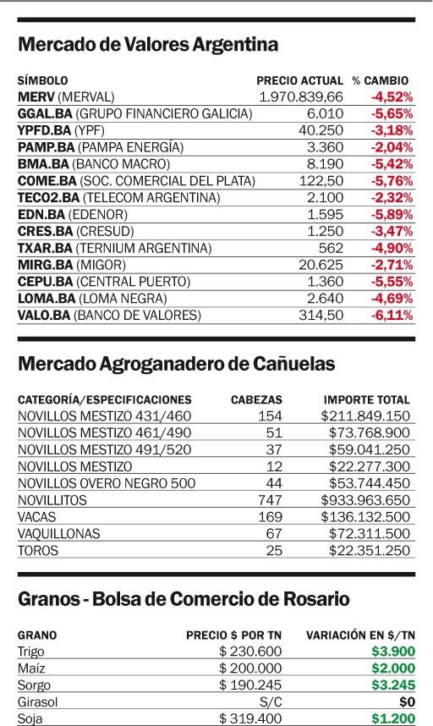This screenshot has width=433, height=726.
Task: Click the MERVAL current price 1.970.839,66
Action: [x=301, y=96]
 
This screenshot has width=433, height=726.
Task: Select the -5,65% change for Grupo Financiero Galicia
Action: [x=392, y=113]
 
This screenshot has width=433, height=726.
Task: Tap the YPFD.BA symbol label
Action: [x=45, y=130]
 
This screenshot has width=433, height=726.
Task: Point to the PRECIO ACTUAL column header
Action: [x=299, y=80]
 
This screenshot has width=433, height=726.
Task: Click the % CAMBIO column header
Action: [x=381, y=80]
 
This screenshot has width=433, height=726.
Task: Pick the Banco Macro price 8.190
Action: [x=326, y=164]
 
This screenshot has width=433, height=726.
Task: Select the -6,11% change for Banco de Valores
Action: [x=392, y=316]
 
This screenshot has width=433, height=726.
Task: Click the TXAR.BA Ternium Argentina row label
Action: [x=114, y=248]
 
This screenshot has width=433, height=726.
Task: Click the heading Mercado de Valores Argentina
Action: [x=148, y=45]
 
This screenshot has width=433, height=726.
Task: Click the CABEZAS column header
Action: [x=256, y=399]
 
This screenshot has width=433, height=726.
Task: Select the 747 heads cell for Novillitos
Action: [x=270, y=500]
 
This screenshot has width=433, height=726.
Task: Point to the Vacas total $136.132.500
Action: [x=365, y=517]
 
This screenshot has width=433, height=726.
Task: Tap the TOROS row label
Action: [x=38, y=551]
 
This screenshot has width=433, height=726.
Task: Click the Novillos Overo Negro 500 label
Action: [x=107, y=483]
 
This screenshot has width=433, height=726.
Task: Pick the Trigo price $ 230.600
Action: [x=250, y=652]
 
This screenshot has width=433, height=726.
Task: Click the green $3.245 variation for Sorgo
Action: [x=393, y=685]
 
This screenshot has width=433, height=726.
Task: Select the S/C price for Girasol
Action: [x=271, y=702]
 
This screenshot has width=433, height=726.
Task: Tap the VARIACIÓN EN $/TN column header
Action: [x=360, y=635]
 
